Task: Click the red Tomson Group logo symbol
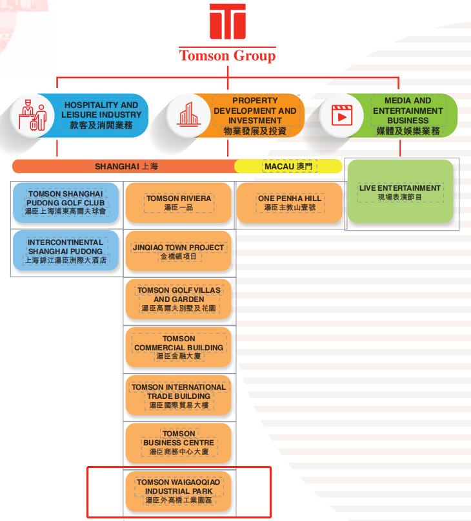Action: pos(227,23)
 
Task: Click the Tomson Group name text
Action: pos(227,56)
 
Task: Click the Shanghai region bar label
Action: pos(126,166)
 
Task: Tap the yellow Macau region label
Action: pos(288,166)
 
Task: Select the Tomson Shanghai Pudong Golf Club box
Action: pos(66,202)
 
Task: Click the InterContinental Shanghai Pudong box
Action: pos(66,251)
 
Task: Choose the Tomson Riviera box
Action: pos(179,202)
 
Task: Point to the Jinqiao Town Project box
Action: pos(179,251)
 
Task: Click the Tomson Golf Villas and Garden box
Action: pos(179,299)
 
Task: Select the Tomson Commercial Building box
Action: pos(179,347)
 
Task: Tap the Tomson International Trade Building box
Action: pos(179,396)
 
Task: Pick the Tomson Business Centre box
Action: pos(179,443)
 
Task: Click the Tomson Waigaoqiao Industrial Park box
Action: pos(179,491)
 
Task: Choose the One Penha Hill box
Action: pos(289,202)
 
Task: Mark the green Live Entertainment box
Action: pos(401,192)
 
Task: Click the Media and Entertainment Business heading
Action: pos(408,115)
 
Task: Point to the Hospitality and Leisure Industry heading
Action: pos(101,115)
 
